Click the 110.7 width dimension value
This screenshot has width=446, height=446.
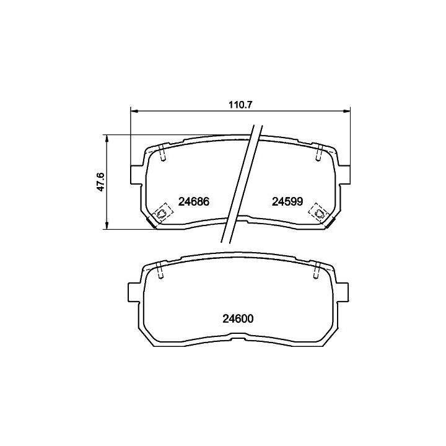240,105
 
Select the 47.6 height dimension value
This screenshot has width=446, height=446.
101,181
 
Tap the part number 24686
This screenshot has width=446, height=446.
194,202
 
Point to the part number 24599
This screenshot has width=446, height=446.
287,202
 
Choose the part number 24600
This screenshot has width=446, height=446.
238,319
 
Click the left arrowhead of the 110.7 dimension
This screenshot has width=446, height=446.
134,110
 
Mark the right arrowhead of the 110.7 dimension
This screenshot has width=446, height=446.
347,110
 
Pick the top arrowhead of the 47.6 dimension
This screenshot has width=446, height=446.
107,139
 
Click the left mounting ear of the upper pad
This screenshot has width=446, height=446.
136,174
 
